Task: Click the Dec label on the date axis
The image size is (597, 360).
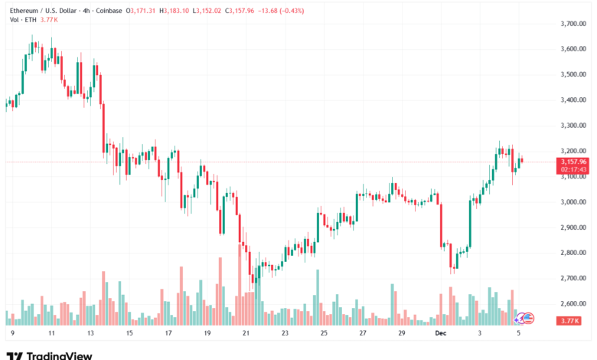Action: [440, 334]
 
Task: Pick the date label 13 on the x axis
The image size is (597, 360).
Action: [90, 334]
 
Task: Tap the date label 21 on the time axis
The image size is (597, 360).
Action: [246, 334]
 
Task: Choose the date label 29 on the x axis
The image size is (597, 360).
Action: [402, 334]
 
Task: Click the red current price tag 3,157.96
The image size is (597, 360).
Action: [573, 162]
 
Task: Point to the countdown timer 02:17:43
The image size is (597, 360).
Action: [573, 169]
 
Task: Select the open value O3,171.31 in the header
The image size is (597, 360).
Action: [145, 9]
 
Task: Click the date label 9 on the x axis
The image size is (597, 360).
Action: [12, 334]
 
